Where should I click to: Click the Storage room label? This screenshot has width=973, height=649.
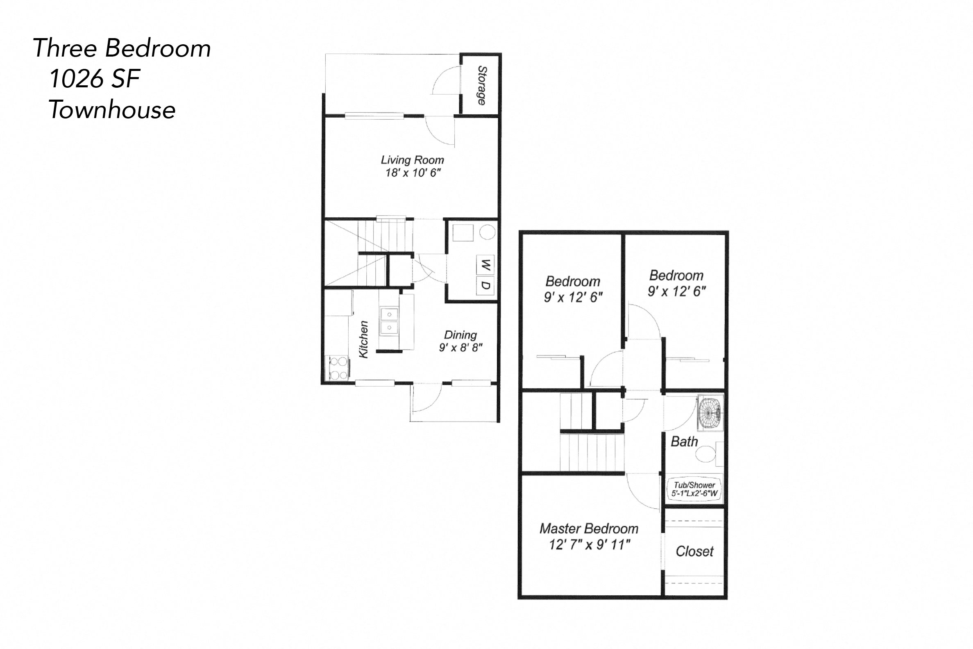coord(482,85)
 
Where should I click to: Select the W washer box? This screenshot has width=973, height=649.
coord(485,265)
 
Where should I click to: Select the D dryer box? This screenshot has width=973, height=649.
coord(485,286)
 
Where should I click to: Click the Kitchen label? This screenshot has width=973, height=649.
coord(363,339)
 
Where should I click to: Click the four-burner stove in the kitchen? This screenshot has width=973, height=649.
coord(338,369)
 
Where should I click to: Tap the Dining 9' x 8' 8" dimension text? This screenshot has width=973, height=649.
coord(460,348)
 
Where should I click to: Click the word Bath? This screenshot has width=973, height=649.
coord(684,442)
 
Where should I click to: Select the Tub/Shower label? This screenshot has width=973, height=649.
coord(694,485)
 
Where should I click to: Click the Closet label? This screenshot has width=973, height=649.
coord(694,551)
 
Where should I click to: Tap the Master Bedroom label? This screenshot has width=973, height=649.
coord(589,528)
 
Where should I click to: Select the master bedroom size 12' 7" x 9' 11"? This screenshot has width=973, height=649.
coord(589,545)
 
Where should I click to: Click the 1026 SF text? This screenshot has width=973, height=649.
coord(95,79)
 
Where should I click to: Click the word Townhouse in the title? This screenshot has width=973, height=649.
coord(112,110)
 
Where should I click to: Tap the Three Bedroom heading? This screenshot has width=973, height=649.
coord(122,48)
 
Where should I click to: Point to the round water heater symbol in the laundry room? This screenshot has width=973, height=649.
coord(488,232)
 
